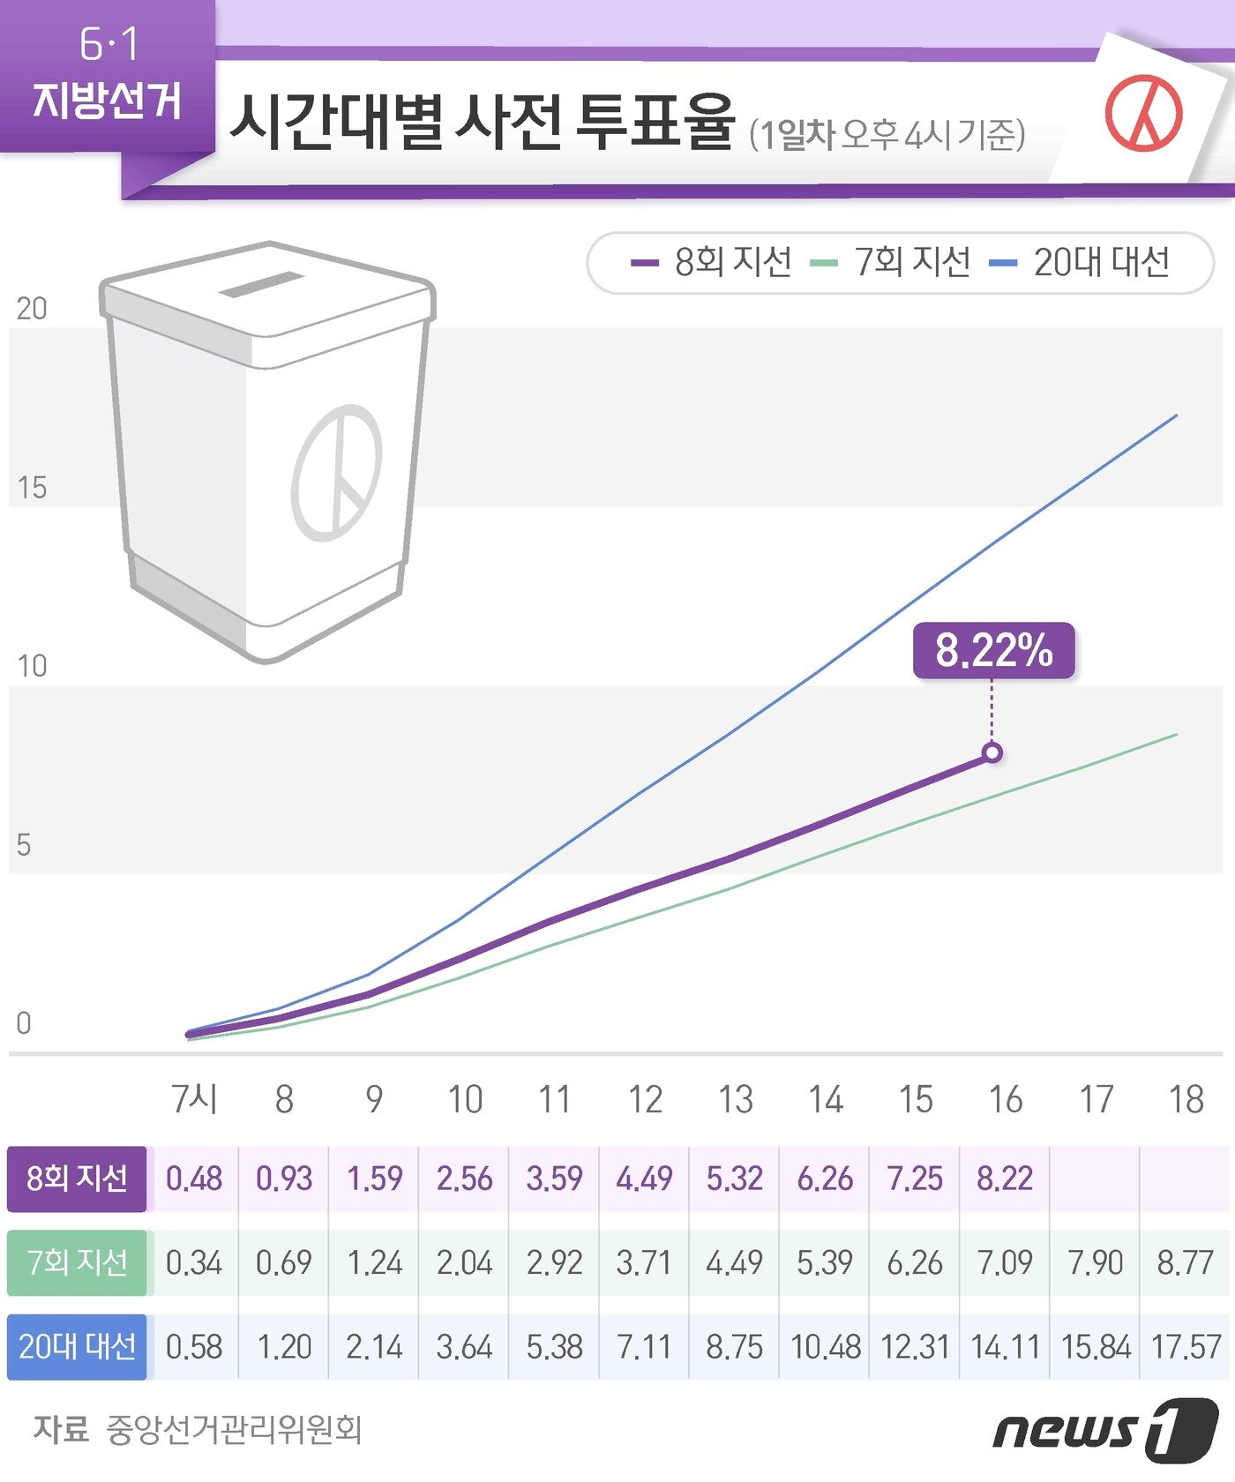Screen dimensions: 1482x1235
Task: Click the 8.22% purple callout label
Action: (x=993, y=651)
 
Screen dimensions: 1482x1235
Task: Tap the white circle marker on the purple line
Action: (x=992, y=752)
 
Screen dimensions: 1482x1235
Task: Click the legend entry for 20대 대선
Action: (x=1081, y=262)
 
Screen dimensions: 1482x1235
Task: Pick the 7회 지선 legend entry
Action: (x=891, y=262)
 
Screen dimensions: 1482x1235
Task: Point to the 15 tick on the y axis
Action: (x=32, y=488)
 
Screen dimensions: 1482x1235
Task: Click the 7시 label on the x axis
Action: (x=194, y=1099)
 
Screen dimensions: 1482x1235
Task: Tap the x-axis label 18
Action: (x=1186, y=1099)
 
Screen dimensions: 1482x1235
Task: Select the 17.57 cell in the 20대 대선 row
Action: (x=1186, y=1347)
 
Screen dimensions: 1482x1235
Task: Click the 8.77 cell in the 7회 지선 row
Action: (x=1186, y=1262)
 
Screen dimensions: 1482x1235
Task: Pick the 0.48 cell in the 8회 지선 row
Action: (x=194, y=1179)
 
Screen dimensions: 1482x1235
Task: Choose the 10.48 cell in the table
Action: (x=826, y=1347)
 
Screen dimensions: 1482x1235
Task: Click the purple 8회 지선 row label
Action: (x=77, y=1179)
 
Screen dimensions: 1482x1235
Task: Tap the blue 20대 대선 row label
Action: (x=77, y=1347)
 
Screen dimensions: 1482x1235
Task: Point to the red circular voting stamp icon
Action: (x=1144, y=114)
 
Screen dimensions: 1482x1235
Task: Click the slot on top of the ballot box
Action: (x=261, y=284)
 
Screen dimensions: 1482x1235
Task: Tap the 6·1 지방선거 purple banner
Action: (x=108, y=75)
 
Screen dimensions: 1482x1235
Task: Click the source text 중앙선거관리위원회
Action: (x=234, y=1429)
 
